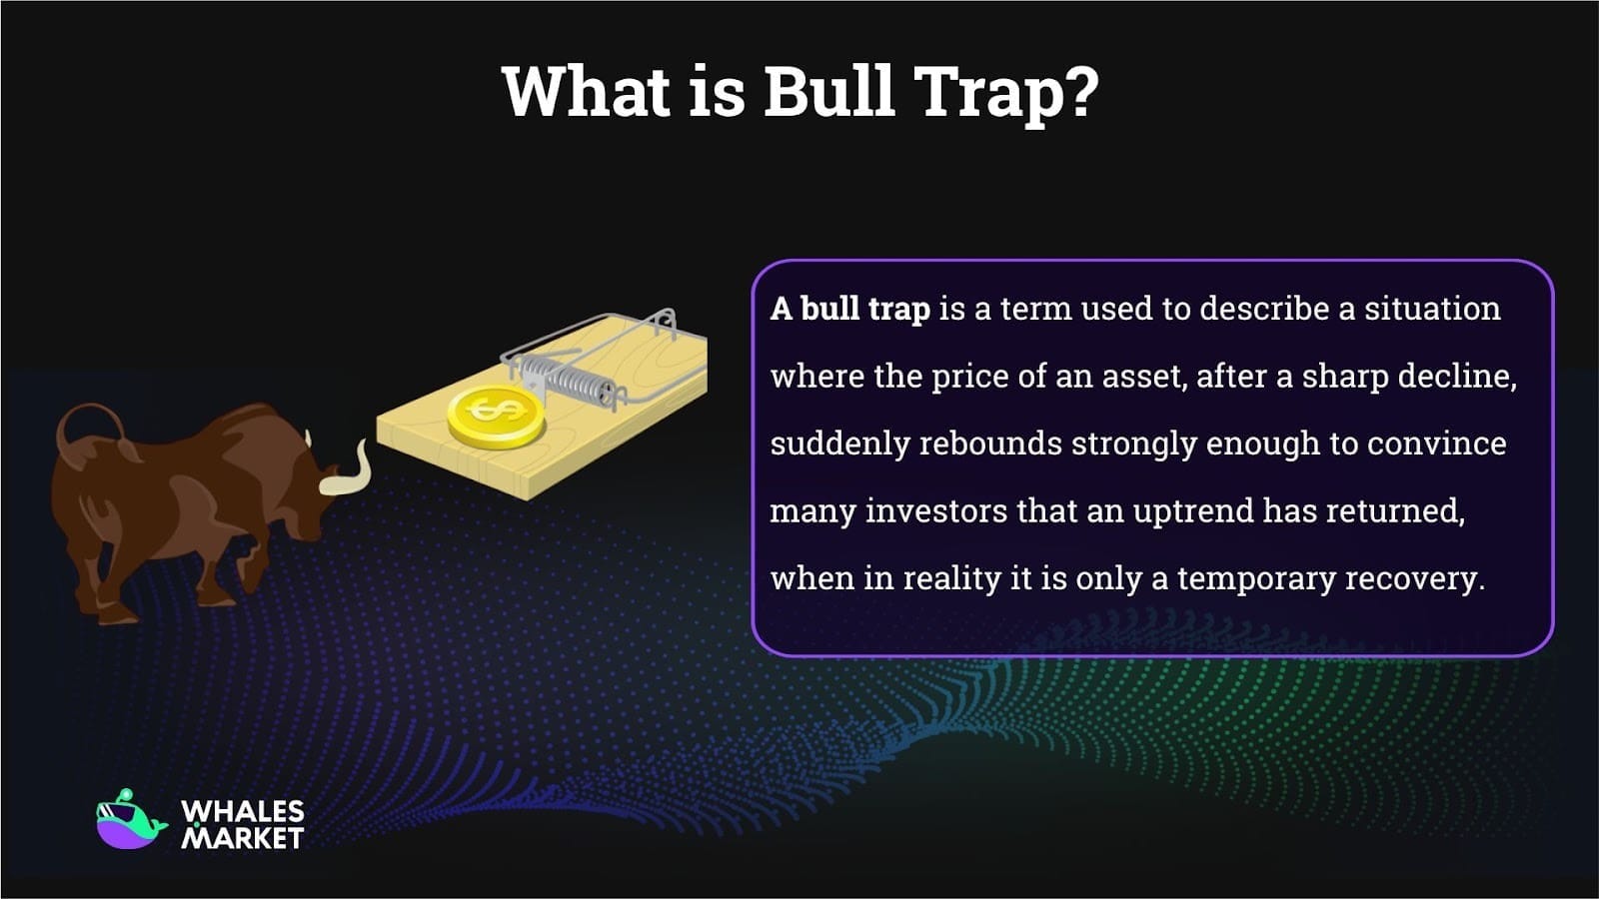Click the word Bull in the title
point(828,92)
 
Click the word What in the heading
point(586,92)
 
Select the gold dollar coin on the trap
point(496,416)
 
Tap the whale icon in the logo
point(129,821)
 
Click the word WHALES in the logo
point(243,812)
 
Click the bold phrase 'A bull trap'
point(849,309)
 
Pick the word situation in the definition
point(1432,309)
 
